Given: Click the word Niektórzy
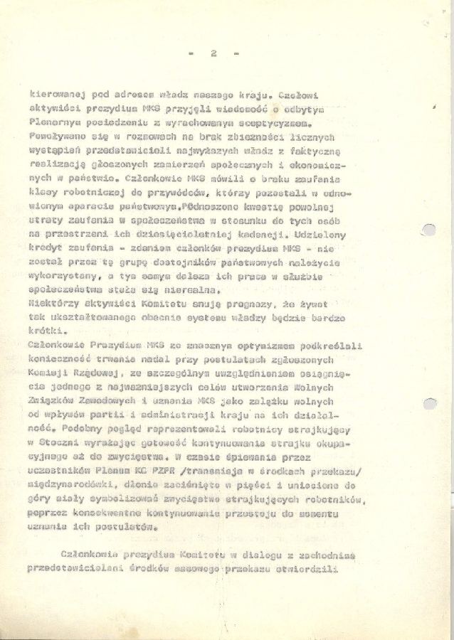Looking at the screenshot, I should point(53,304).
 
